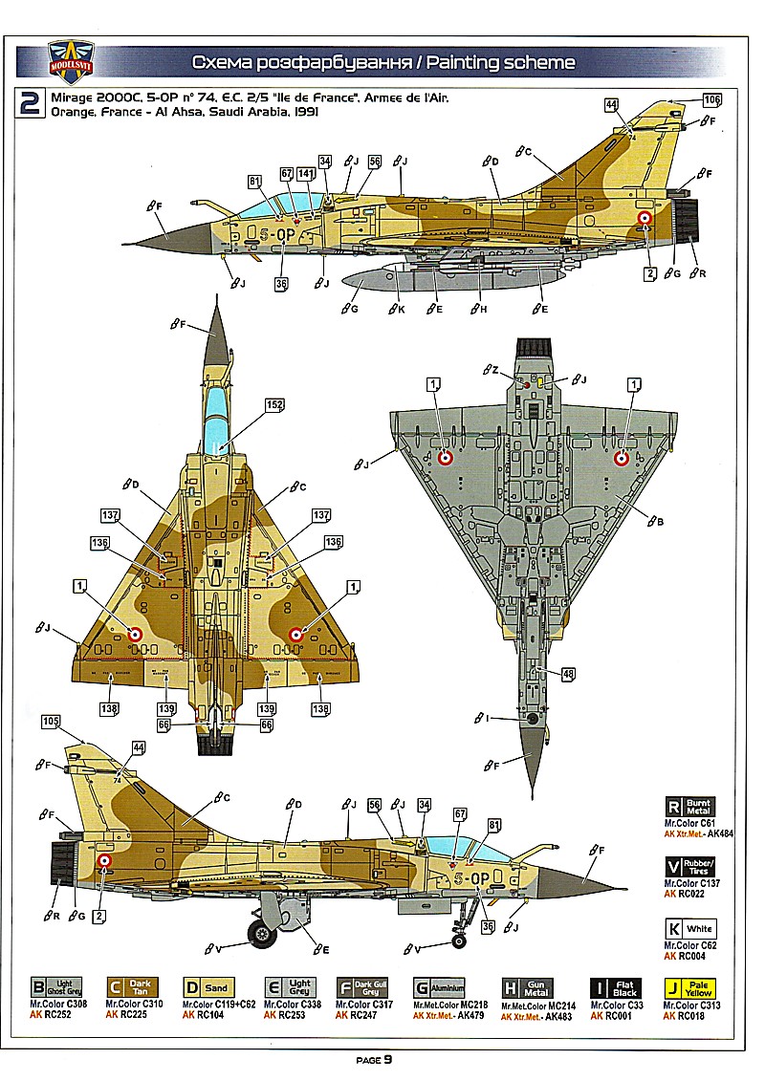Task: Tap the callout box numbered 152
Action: click(x=274, y=405)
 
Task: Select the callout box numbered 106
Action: click(x=711, y=98)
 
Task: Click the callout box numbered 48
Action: click(x=569, y=674)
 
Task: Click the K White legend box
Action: click(x=690, y=928)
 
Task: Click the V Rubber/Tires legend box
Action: click(x=690, y=867)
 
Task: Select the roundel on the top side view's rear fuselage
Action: click(x=645, y=219)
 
